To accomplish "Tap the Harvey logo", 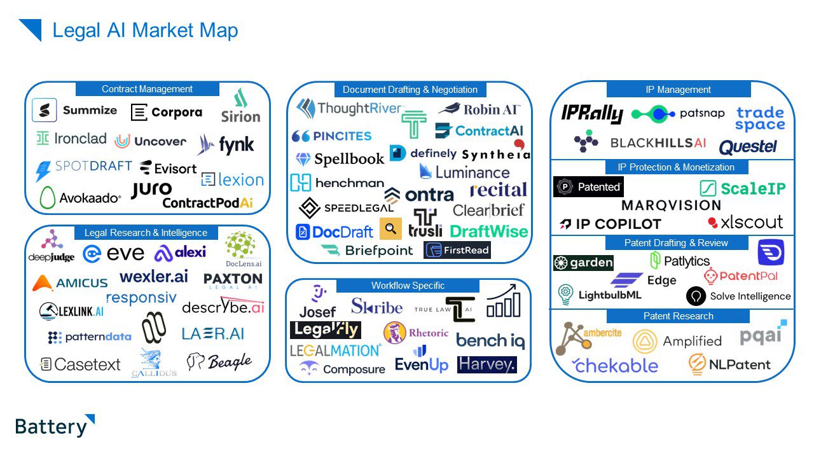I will [x=486, y=364].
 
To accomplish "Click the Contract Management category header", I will [x=147, y=89].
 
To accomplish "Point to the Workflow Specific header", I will [x=408, y=286].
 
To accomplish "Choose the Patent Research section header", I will [x=678, y=316].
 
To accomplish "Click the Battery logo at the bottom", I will [x=55, y=426].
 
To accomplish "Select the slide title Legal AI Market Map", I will [x=145, y=30].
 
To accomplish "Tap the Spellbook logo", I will [x=340, y=158].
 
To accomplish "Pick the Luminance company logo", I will [x=464, y=172].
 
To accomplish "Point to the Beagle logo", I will [x=219, y=361].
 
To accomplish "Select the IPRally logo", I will [x=591, y=114].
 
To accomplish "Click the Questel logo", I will [x=748, y=147].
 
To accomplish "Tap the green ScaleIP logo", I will [x=742, y=188].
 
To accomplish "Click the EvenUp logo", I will [x=421, y=361].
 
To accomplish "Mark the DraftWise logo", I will [x=489, y=232].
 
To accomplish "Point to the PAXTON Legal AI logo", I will [x=233, y=280].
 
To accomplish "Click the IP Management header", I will [x=678, y=90].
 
